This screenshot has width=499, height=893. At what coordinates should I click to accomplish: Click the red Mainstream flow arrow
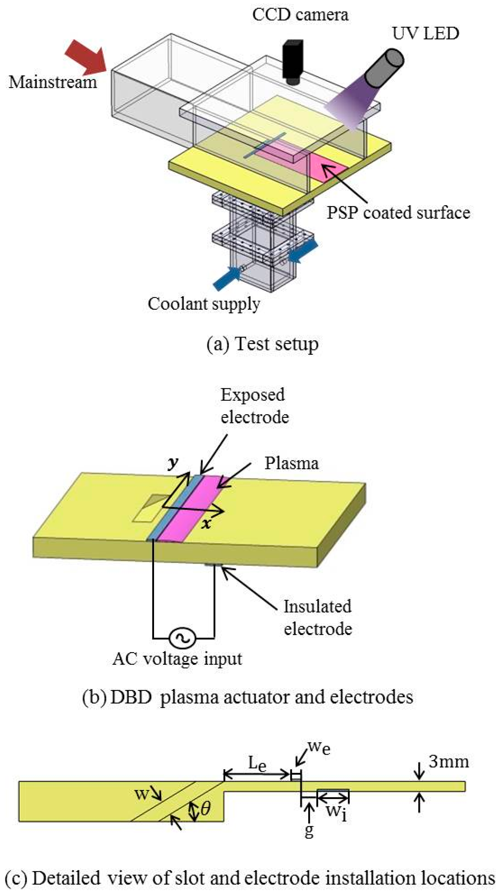(87, 57)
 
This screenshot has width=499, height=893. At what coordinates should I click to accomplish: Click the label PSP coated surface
(398, 213)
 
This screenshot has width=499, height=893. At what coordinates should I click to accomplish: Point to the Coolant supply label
(204, 304)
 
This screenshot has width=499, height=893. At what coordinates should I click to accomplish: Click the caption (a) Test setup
(262, 344)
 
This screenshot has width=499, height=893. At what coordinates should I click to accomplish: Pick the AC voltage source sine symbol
(182, 637)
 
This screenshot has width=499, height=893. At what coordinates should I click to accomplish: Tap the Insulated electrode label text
(317, 617)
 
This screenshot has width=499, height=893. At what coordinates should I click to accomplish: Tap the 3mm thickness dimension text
(448, 762)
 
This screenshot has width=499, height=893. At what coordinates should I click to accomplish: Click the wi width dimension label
(336, 812)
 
